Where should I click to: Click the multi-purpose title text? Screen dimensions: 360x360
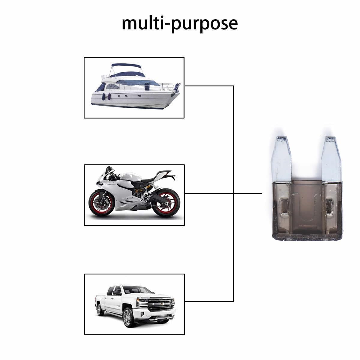179,24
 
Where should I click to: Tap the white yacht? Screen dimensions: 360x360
136,86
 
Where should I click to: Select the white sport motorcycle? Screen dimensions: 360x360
134,192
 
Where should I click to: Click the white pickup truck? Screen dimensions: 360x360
135,306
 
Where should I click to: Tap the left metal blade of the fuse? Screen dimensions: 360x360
281,159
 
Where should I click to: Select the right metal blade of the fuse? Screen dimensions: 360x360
331,159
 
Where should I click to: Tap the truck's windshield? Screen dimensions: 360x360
138,291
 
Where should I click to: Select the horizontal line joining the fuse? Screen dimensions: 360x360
223,193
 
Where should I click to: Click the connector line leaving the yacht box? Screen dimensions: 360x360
209,86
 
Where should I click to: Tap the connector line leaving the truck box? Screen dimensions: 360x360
209,301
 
